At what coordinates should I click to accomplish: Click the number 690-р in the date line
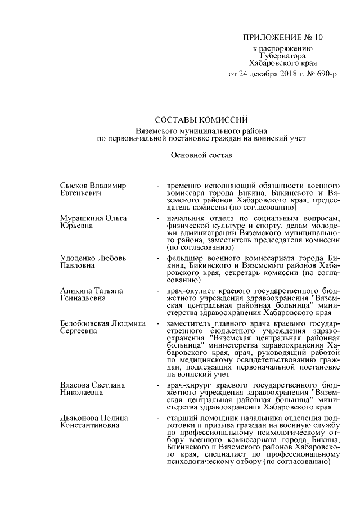(325, 74)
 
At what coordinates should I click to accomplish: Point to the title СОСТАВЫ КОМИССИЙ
(201, 120)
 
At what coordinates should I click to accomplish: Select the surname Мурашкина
(80, 218)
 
